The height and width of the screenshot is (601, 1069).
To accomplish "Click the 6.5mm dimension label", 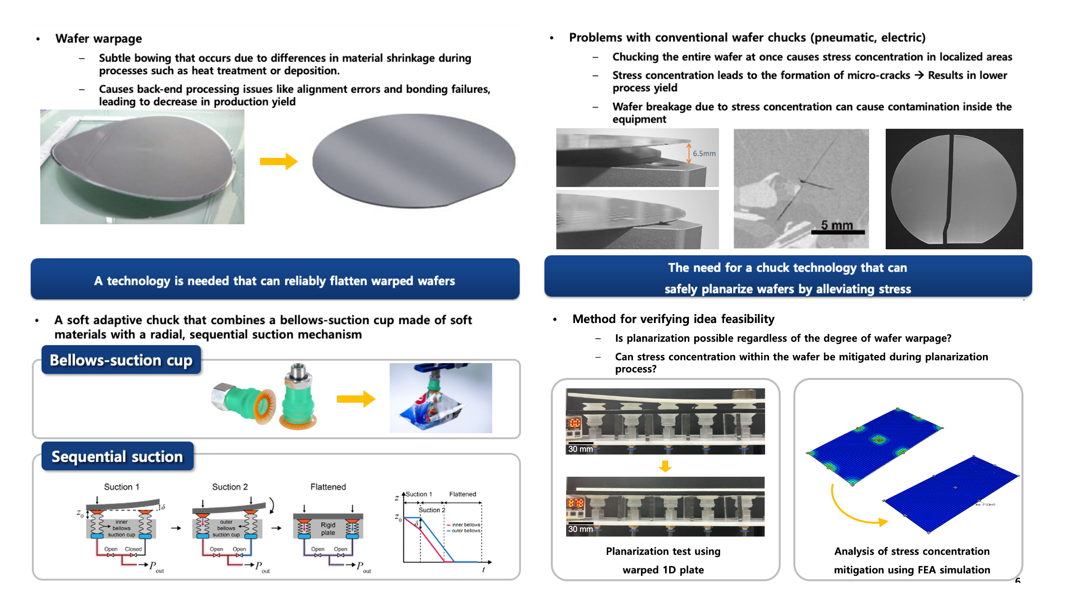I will click(704, 154).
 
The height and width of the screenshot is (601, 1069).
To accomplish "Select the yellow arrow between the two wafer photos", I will click(278, 161).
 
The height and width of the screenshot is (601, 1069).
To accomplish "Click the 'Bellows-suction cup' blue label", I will click(121, 360).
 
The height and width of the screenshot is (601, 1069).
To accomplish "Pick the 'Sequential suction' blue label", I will click(117, 456).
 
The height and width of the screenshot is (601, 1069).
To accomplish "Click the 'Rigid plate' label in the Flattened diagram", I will click(328, 529).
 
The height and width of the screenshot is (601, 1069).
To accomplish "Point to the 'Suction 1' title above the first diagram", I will click(121, 487).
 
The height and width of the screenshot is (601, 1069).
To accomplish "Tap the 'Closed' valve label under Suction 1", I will click(133, 549).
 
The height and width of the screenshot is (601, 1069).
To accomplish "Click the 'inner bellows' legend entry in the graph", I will click(465, 525).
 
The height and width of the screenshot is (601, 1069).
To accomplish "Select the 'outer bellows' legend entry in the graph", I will click(465, 531).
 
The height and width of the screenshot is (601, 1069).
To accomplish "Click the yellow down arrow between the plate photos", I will click(665, 466).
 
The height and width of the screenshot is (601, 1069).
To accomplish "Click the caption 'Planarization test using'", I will click(663, 551).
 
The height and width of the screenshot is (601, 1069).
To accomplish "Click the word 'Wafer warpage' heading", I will click(98, 39).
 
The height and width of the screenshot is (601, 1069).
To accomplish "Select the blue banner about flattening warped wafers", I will click(275, 280).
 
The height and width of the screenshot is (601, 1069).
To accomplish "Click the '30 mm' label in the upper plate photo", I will click(580, 449).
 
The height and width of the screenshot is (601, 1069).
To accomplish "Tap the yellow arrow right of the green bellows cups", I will click(355, 399).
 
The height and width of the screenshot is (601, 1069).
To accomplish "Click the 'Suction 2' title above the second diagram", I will click(230, 487).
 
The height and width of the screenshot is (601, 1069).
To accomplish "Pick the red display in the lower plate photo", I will click(575, 504).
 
